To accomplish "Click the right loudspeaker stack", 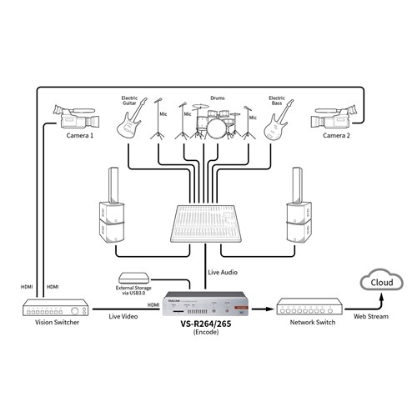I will point(297,212).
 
